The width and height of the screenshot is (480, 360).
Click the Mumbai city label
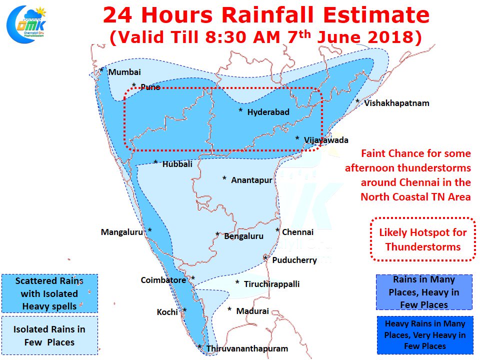coord(124,72)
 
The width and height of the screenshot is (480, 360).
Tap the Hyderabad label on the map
coord(268,112)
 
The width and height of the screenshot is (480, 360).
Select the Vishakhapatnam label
coord(396,103)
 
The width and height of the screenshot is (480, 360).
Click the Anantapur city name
coord(251,180)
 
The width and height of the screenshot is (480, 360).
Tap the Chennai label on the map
coord(297,232)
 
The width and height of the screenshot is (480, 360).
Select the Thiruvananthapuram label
coord(246,349)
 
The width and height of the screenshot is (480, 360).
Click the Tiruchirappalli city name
coord(271,284)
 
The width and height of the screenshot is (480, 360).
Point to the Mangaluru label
coord(122,232)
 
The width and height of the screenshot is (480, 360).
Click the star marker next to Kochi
coord(184,310)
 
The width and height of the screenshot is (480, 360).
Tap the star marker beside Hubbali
coord(155,162)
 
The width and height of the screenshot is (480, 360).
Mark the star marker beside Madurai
coord(229,309)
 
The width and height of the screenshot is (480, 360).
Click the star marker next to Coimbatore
coord(193,278)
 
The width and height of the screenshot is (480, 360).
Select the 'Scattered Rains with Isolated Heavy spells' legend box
coord(49,293)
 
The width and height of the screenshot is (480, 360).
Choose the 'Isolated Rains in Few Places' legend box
coord(49,335)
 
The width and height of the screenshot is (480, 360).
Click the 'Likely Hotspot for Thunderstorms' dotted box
coord(422,239)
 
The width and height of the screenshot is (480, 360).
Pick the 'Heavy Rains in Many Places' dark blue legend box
coord(425,335)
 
